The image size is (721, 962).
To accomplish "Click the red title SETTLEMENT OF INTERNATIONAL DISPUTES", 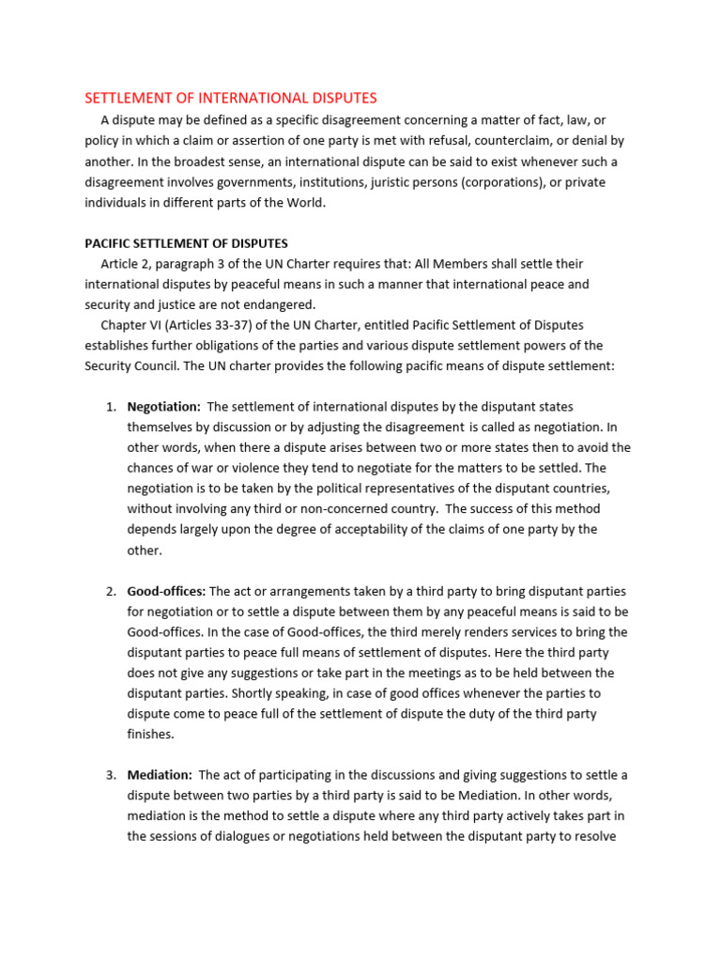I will (231, 98).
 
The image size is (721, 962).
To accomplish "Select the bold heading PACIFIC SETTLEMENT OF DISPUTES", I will (186, 243).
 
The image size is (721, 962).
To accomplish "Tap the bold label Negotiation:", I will (163, 406).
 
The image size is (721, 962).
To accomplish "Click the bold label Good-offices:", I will (166, 591).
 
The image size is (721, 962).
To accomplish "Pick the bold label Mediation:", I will (160, 774).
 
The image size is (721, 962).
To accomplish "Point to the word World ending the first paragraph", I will (300, 203).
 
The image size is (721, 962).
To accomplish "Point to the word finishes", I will (151, 734).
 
